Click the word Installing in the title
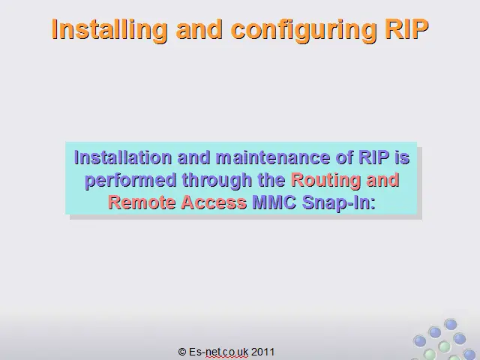[109, 30]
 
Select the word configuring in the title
[303, 30]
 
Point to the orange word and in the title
[199, 28]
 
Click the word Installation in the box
[123, 157]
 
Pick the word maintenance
[273, 157]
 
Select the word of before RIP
[344, 157]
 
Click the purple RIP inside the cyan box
[374, 157]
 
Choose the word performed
[130, 180]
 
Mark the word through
[217, 180]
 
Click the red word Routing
[325, 180]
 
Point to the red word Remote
[142, 202]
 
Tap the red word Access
[214, 202]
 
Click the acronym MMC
[274, 202]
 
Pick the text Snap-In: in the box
[339, 203]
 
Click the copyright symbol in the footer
[182, 352]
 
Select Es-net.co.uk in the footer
[218, 352]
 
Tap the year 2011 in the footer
[262, 352]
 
